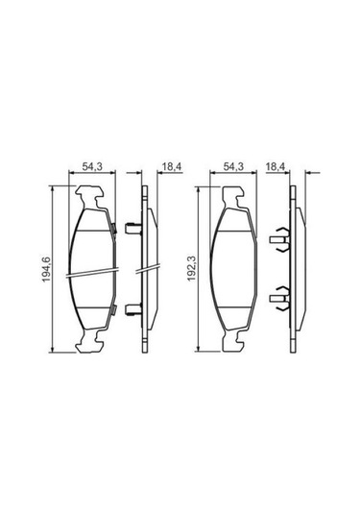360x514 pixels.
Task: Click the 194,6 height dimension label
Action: [x=46, y=269]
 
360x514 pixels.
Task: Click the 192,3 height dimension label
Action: [x=191, y=268]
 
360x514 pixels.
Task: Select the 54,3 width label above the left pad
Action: [x=92, y=166]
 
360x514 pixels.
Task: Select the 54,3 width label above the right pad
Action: [x=233, y=166]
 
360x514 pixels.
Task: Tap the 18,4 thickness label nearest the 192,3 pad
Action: [x=276, y=166]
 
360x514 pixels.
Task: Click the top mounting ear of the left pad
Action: [x=89, y=196]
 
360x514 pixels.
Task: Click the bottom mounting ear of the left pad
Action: [x=89, y=341]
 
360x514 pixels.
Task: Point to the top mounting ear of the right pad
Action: [x=234, y=197]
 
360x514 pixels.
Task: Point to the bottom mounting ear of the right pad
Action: [x=234, y=341]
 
